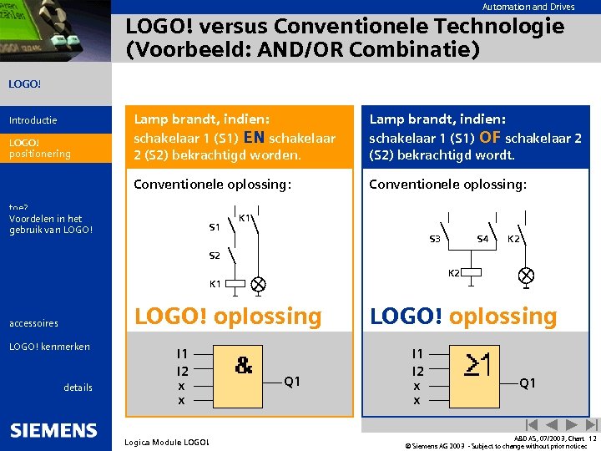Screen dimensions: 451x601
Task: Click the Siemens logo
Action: click(54, 430)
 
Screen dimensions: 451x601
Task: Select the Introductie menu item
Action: click(33, 120)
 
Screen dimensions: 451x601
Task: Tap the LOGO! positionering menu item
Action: click(39, 148)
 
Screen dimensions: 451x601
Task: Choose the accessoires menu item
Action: click(33, 323)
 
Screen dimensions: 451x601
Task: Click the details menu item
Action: click(78, 387)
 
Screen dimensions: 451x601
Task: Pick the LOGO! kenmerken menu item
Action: click(49, 347)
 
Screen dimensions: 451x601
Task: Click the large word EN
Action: click(255, 137)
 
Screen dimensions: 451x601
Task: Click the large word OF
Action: click(490, 137)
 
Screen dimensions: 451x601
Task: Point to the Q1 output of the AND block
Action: click(292, 382)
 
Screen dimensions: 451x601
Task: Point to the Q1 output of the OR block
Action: click(528, 383)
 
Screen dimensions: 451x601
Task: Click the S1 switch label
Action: click(215, 227)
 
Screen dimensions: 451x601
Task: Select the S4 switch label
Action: click(482, 240)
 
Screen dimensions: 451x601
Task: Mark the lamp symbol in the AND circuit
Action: click(259, 284)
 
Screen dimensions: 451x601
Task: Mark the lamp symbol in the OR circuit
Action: click(527, 274)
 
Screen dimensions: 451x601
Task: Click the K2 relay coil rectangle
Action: click(473, 273)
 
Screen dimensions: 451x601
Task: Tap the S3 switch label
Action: click(435, 240)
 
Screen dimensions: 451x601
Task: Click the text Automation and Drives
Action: click(528, 7)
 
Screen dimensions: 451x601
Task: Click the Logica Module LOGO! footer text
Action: click(167, 442)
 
